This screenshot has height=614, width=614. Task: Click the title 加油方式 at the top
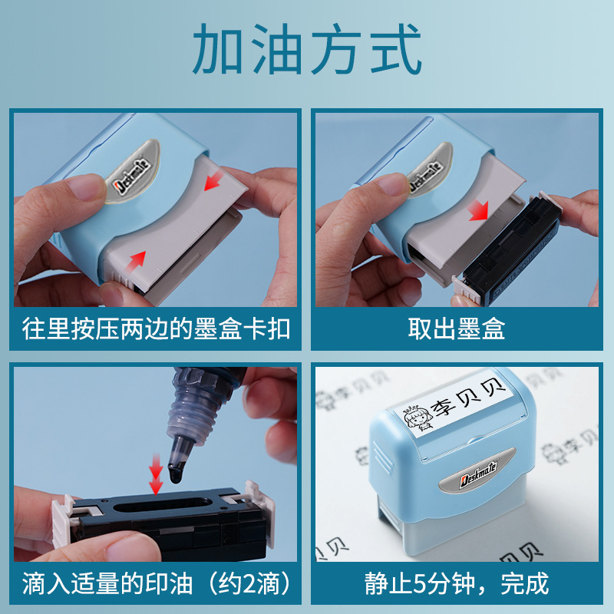click(x=306, y=48)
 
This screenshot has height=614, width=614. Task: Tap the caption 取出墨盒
click(x=457, y=328)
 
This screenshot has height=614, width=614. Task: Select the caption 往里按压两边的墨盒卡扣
click(x=156, y=328)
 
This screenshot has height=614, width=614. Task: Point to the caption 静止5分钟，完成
click(x=457, y=583)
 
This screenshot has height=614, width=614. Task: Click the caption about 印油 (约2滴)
click(x=156, y=583)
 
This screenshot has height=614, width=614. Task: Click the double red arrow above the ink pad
click(x=156, y=474)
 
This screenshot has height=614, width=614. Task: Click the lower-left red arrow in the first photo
click(x=136, y=261)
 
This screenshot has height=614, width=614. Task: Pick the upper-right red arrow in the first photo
click(x=213, y=181)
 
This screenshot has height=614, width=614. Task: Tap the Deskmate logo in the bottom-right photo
click(x=477, y=474)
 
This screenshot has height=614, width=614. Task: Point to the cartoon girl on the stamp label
click(x=418, y=418)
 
